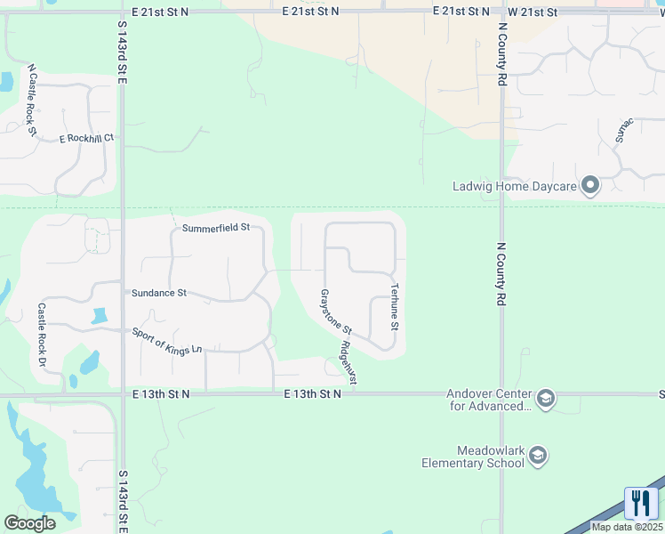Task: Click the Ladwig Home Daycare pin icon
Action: click(x=590, y=186)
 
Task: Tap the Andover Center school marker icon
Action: click(x=546, y=399)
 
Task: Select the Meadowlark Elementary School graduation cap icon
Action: click(x=537, y=457)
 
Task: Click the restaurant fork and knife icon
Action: click(x=641, y=503)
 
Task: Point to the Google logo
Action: click(x=29, y=522)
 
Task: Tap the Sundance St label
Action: click(x=159, y=292)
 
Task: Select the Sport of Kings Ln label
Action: click(x=167, y=342)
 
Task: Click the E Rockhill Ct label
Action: click(x=87, y=138)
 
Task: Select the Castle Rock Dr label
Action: click(x=41, y=335)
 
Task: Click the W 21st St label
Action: click(x=533, y=12)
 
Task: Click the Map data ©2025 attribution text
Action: click(x=627, y=527)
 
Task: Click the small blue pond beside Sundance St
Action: click(x=99, y=316)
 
